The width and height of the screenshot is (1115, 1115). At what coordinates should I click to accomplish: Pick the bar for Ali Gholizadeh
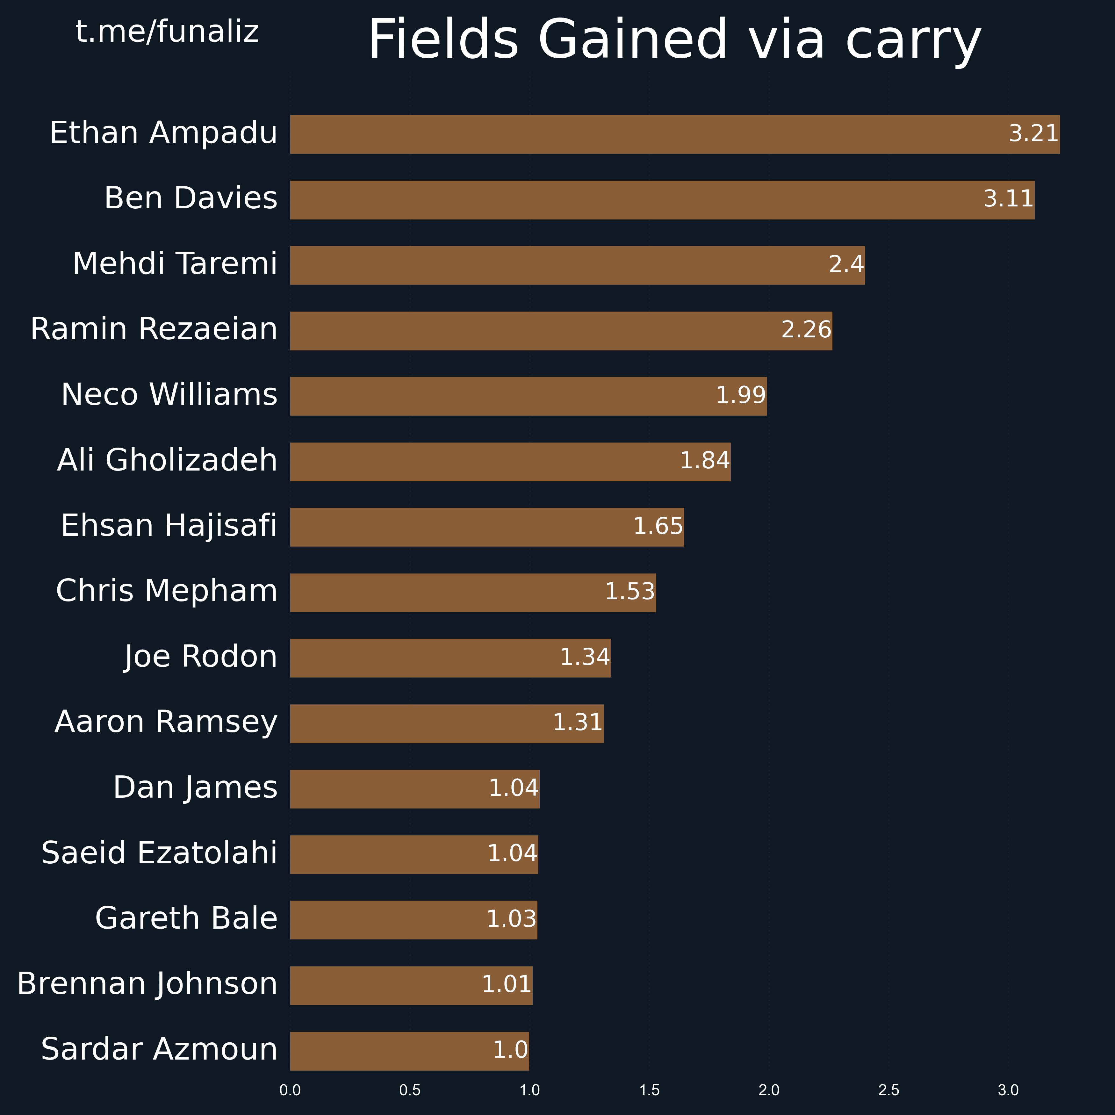pyautogui.click(x=510, y=462)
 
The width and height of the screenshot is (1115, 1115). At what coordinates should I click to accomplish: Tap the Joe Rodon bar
pyautogui.click(x=450, y=658)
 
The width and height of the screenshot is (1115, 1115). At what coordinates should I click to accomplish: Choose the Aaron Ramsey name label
pyautogui.click(x=166, y=723)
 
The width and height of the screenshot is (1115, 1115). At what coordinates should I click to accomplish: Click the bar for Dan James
pyautogui.click(x=414, y=789)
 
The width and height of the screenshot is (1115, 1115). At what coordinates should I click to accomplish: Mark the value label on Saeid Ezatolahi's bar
pyautogui.click(x=512, y=853)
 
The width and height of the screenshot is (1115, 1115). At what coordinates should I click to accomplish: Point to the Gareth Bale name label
pyautogui.click(x=186, y=919)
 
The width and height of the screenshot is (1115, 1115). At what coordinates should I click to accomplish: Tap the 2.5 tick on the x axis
pyautogui.click(x=889, y=1090)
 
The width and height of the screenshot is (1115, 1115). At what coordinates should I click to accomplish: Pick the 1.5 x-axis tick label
pyautogui.click(x=649, y=1090)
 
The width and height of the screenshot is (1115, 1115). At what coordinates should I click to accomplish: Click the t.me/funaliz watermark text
pyautogui.click(x=167, y=32)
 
